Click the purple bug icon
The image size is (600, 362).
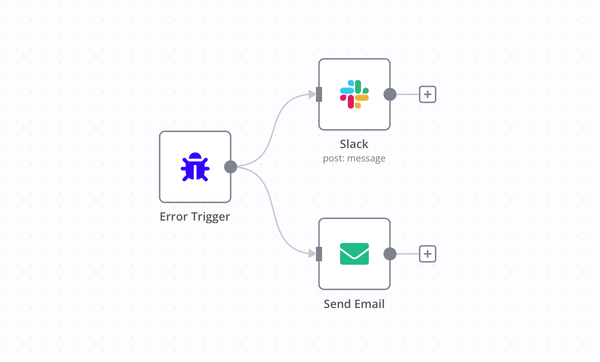tap(195, 167)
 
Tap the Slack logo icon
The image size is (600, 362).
tap(354, 94)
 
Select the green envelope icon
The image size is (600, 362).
tap(354, 254)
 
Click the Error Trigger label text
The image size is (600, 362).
tap(195, 216)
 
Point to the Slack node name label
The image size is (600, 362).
tap(354, 144)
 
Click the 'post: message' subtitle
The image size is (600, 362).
tap(354, 158)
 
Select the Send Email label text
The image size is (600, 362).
tap(354, 304)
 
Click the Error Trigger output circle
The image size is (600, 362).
tap(231, 167)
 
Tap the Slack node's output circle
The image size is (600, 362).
tap(390, 94)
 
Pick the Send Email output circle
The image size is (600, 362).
tap(390, 254)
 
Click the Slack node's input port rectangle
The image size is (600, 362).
tap(319, 94)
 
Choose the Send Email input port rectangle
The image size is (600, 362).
tap(319, 254)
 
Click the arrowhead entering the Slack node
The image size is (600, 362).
tap(311, 94)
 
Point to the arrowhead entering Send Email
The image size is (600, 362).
tap(311, 254)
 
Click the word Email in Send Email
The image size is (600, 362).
tap(369, 304)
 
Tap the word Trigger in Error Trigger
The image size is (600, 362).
tap(210, 216)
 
